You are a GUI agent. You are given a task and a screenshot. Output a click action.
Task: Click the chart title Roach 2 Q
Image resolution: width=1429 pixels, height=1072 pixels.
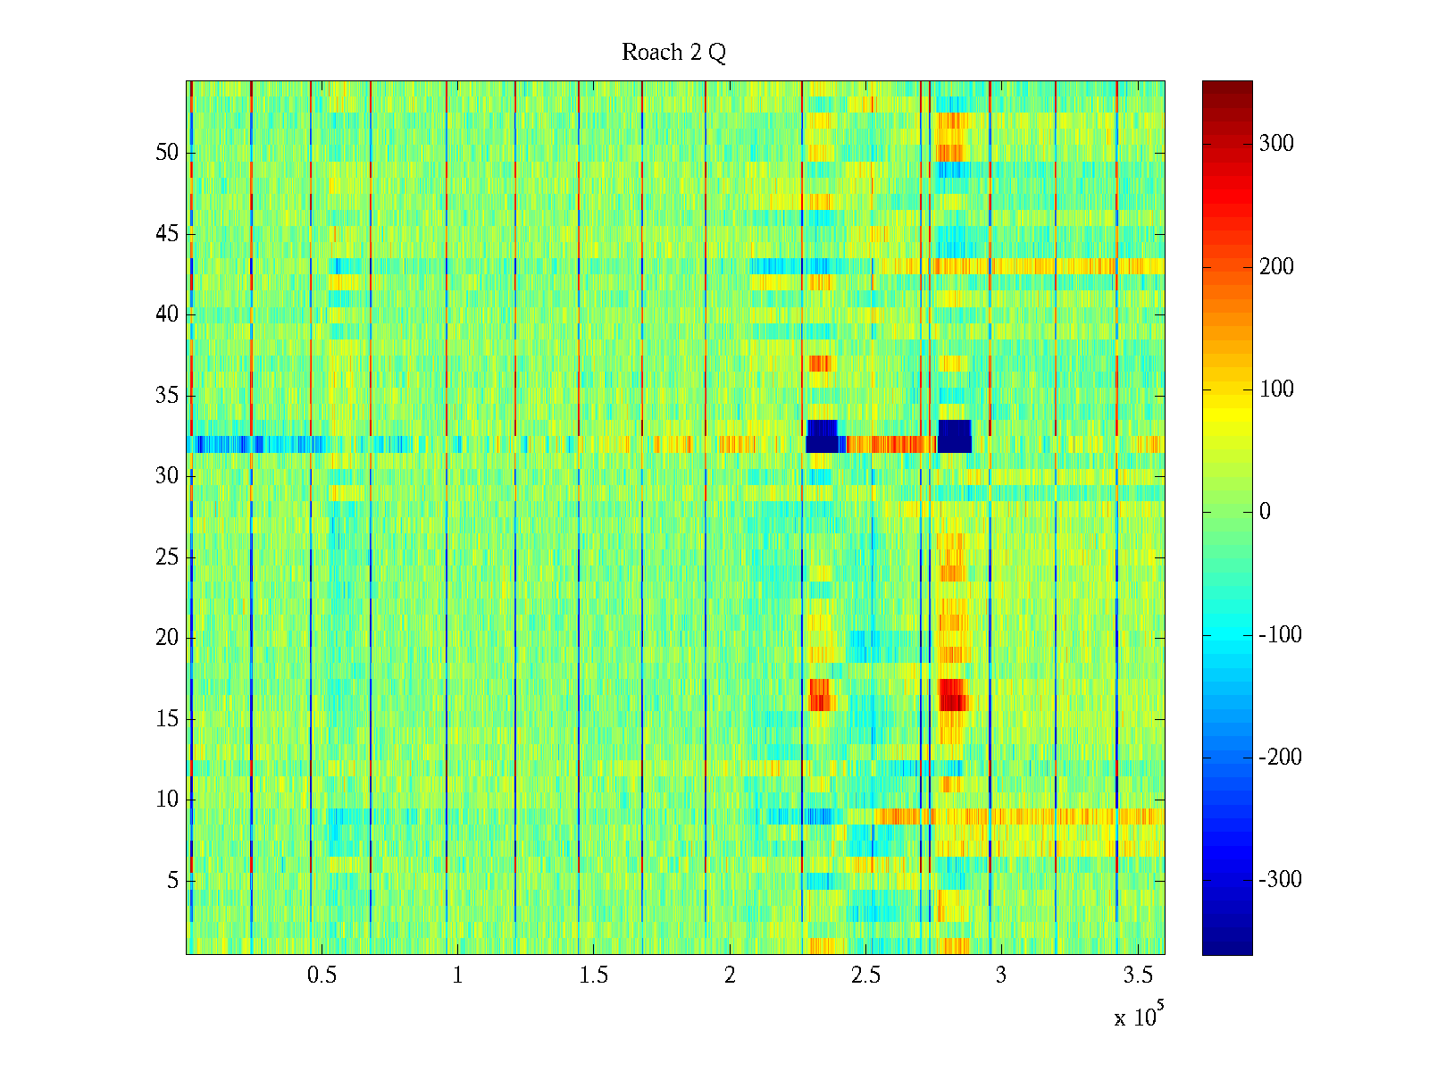(673, 53)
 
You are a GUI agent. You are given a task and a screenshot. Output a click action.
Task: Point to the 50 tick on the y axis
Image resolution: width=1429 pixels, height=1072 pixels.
(167, 153)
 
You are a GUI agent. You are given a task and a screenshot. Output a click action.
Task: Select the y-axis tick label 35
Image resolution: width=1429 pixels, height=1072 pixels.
(167, 396)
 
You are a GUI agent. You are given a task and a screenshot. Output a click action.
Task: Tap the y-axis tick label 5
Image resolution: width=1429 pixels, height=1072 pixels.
(172, 881)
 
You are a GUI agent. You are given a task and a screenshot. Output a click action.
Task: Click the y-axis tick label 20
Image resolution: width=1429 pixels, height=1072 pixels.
(167, 638)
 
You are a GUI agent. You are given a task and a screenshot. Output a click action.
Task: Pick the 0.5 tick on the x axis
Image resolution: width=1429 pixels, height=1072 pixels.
(322, 976)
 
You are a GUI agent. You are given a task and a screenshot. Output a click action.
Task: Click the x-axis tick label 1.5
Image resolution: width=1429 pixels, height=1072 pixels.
(593, 976)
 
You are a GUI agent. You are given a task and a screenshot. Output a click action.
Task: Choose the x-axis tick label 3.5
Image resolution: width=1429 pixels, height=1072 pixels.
(1137, 976)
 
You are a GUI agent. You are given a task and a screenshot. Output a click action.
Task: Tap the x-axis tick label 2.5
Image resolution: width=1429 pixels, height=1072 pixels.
(865, 976)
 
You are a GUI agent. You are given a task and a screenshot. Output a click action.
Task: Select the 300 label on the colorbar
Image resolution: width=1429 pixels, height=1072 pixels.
(1276, 144)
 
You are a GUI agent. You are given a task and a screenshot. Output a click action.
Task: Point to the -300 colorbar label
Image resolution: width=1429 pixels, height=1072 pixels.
(1280, 880)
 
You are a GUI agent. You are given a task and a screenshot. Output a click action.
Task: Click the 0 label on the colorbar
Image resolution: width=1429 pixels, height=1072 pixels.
(1265, 512)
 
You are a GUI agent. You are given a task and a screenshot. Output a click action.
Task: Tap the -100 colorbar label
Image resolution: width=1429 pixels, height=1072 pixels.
(1280, 635)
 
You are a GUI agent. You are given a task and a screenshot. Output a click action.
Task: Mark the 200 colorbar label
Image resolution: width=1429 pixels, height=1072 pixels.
(1276, 267)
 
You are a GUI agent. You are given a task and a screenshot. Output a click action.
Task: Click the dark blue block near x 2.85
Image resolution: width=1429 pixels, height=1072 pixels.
(955, 436)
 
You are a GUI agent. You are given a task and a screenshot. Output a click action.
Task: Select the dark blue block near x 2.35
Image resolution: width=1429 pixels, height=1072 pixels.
(822, 436)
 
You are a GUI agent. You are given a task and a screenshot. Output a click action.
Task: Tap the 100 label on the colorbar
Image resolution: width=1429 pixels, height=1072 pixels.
(1276, 389)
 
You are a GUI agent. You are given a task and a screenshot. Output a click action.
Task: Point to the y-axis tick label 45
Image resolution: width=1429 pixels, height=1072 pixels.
(167, 234)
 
